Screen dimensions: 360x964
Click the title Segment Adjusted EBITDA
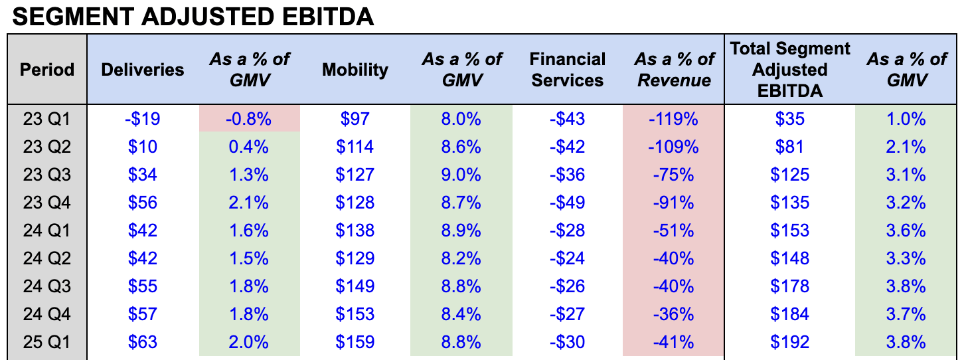pos(193,17)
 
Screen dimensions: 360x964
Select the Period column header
pos(47,70)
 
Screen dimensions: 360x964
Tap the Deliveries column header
pos(143,70)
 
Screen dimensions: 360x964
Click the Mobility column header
pos(355,70)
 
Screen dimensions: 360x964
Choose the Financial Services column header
pos(568,70)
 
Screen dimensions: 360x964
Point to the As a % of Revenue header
pos(674,70)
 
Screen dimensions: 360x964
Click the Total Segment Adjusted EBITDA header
pos(789,70)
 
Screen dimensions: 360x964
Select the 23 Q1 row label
pos(47,119)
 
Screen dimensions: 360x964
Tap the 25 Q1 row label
pos(47,342)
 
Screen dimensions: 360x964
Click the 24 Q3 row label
pos(47,286)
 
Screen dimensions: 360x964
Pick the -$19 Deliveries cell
pos(143,119)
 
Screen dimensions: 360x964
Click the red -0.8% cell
pos(249,119)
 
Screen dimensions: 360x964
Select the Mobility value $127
pos(355,175)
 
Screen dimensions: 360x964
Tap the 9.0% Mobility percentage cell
pos(461,175)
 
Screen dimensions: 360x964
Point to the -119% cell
pos(674,119)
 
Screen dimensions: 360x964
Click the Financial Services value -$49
pos(568,203)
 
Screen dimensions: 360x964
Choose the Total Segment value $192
pos(789,342)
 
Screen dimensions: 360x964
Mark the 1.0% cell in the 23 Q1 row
pos(906,119)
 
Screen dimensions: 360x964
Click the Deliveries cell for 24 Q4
pos(143,314)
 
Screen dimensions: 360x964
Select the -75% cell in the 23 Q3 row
pos(674,175)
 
